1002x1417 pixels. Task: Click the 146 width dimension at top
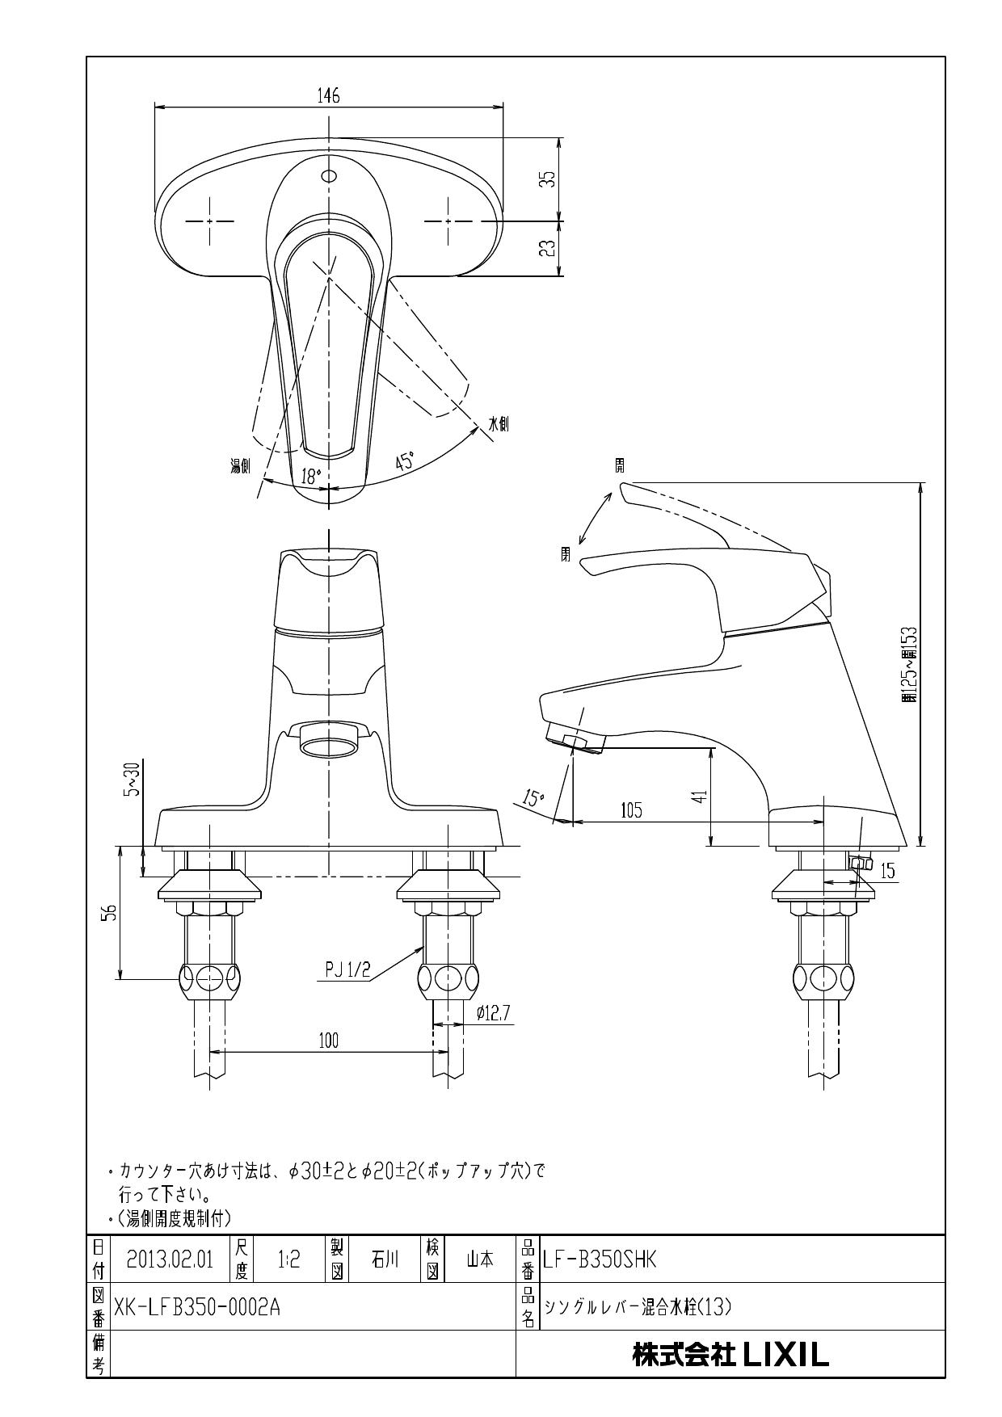[x=328, y=95]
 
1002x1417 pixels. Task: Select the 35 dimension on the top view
[x=548, y=179]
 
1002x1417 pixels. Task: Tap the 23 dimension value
[x=548, y=248]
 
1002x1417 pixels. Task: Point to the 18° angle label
[x=311, y=477]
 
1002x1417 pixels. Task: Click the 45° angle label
[x=405, y=461]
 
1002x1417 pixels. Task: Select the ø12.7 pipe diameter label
[x=493, y=1013]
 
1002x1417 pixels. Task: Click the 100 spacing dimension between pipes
[x=328, y=1041]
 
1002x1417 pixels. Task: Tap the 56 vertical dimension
[x=111, y=912]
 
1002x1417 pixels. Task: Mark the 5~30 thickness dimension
[x=131, y=779]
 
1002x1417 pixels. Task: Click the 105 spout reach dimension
[x=631, y=810]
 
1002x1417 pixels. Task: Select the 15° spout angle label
[x=533, y=799]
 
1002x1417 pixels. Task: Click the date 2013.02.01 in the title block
[x=170, y=1259]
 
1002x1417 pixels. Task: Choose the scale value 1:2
[x=288, y=1259]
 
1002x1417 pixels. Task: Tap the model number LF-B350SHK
[x=600, y=1259]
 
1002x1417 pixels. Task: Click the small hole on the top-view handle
[x=328, y=176]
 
